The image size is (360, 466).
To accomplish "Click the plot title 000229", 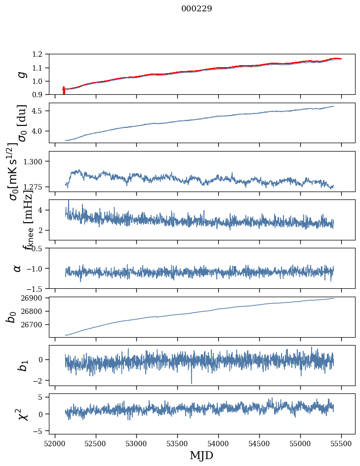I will [197, 9].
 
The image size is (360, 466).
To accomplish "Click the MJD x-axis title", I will [201, 455].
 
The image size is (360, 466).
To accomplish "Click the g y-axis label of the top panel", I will [21, 75].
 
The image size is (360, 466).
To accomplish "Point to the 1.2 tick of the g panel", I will [40, 54].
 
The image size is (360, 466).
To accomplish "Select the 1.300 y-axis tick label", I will [36, 161].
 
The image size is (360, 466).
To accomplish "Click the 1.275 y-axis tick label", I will [36, 187].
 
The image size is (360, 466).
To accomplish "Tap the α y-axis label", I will [17, 268].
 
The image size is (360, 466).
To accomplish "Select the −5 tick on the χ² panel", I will [41, 431].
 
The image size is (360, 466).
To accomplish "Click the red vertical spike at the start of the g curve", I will [64, 90].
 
